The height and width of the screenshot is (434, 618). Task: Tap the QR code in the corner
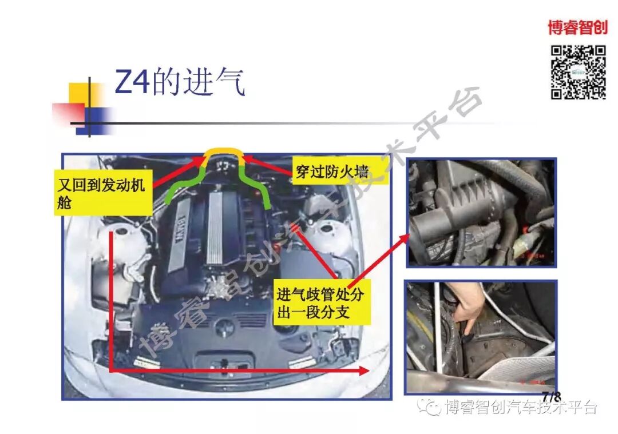coord(578,72)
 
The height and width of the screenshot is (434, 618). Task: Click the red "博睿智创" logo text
coord(577,27)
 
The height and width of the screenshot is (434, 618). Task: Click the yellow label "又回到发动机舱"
coord(103,192)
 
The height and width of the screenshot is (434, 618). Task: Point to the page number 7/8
coord(551,396)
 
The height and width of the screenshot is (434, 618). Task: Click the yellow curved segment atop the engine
coord(223,153)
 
